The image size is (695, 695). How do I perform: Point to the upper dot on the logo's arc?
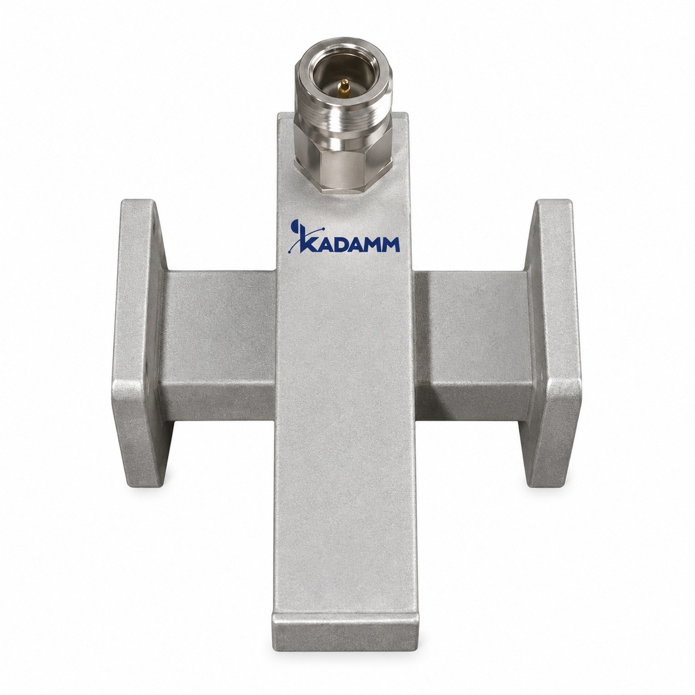323,229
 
